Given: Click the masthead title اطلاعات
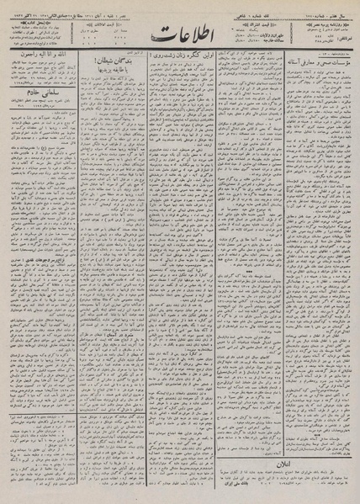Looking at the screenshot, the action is [180, 37].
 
